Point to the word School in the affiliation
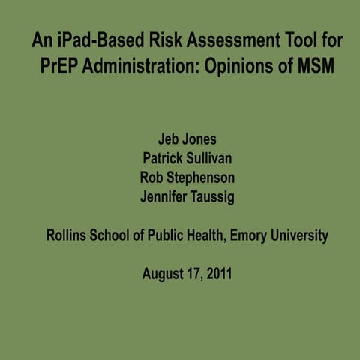pyautogui.click(x=119, y=235)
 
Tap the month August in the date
pyautogui.click(x=162, y=274)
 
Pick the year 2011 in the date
pyautogui.click(x=218, y=274)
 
